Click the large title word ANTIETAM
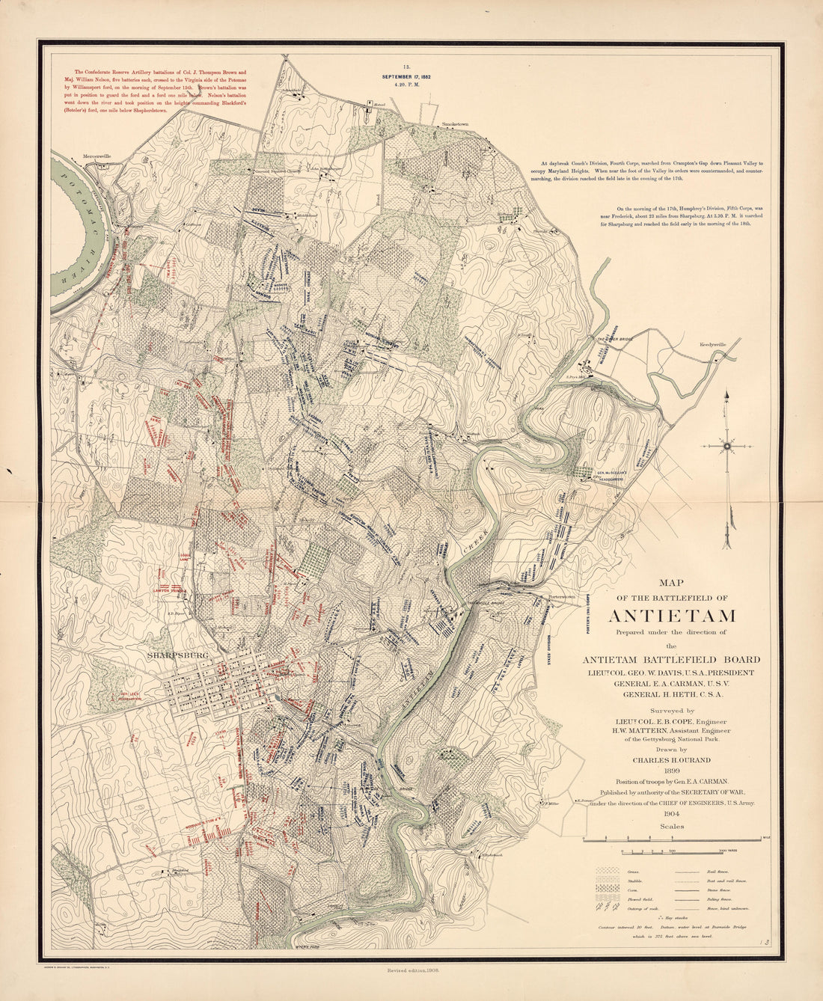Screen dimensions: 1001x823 671,616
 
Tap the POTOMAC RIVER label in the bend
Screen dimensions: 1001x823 82,232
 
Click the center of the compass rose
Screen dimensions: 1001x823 726,446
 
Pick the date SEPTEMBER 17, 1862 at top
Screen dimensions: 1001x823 406,77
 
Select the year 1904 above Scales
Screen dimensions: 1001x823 671,814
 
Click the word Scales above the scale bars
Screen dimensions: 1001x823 671,827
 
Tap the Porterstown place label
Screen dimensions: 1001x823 560,596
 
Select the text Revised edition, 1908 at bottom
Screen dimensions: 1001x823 411,969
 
